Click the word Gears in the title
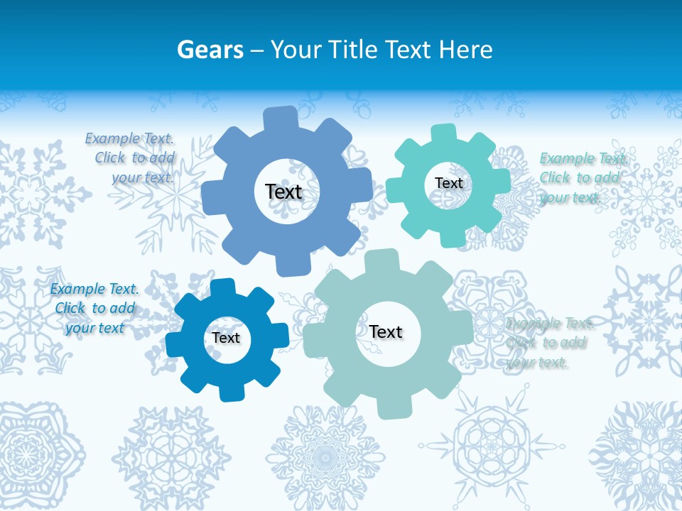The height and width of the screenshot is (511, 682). pos(210,50)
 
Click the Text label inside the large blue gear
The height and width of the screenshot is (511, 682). pos(283,192)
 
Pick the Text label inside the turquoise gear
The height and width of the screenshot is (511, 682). pos(448,183)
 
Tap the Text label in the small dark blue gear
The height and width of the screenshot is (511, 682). pos(226,338)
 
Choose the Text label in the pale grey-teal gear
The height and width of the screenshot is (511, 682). pos(386,331)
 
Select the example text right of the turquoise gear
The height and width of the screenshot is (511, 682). pos(582,177)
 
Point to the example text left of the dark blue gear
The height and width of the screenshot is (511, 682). pos(94,308)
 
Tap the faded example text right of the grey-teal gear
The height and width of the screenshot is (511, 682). pos(548,343)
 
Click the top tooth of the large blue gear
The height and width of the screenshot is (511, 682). pos(280,118)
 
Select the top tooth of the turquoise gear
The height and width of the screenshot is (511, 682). pos(443,133)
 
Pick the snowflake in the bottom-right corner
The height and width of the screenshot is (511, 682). pos(639,454)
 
